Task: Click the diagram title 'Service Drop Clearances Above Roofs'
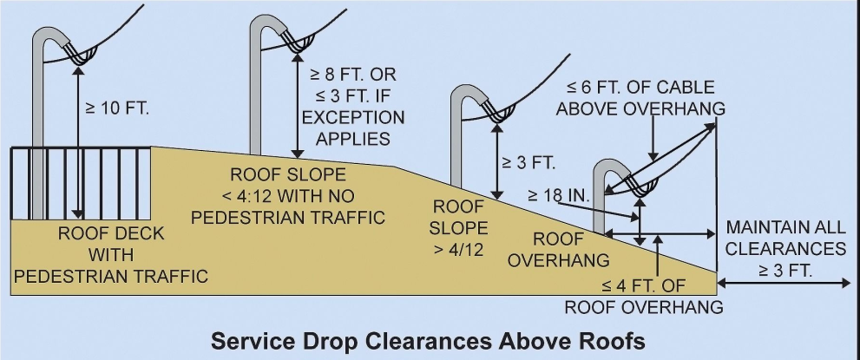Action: pos(430,340)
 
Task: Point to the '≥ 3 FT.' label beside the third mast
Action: pos(528,162)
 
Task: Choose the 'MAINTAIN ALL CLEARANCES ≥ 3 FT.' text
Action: pos(785,249)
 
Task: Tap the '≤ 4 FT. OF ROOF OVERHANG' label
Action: pos(643,297)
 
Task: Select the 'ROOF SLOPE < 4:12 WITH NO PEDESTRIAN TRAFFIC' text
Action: pos(288,195)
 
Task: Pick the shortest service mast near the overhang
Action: pos(599,200)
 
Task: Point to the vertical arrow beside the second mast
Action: pos(299,108)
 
